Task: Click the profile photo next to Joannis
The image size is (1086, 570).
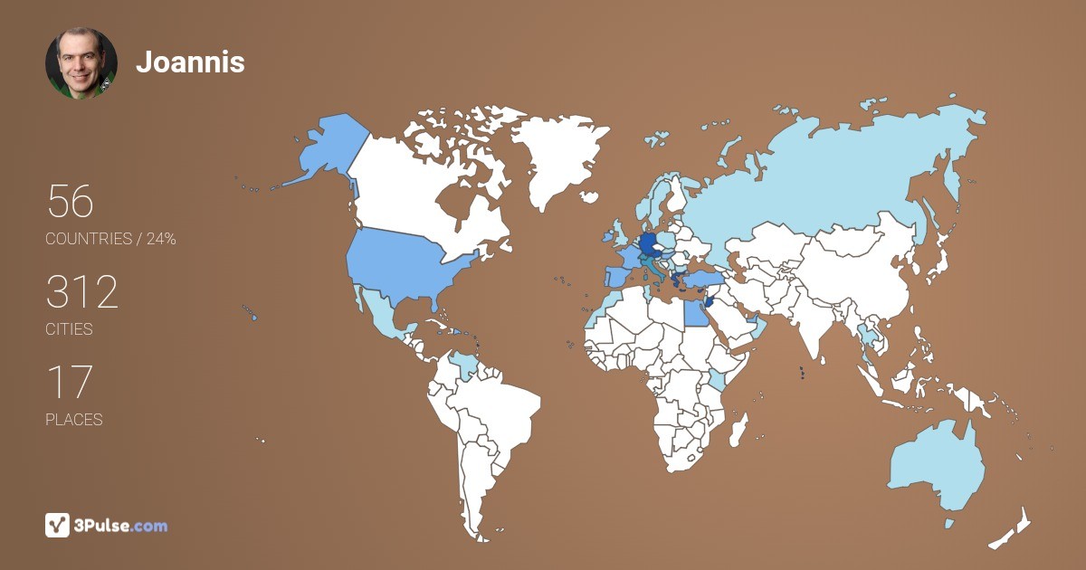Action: coord(81,63)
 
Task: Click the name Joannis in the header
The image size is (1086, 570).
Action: coord(190,62)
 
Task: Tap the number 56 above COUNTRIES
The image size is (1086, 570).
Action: coord(71,201)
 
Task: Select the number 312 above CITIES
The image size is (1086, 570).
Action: coord(82,292)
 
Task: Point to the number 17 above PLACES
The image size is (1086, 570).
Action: coord(69,382)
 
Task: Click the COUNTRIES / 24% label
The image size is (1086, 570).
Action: coord(110,239)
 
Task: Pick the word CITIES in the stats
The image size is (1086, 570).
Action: coord(69,329)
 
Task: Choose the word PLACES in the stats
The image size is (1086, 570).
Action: coord(73,420)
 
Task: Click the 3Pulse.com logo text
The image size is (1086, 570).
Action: coord(122,525)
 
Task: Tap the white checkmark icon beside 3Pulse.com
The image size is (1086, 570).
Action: coord(58,525)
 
